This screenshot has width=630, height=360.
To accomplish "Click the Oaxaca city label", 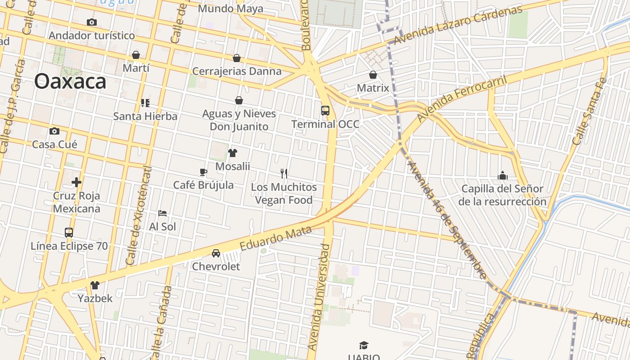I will pyautogui.click(x=70, y=81).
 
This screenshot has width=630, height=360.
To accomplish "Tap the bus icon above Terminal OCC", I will pyautogui.click(x=325, y=110).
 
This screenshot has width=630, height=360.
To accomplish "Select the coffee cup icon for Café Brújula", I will pyautogui.click(x=203, y=172).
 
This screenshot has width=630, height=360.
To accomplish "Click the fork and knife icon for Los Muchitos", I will pyautogui.click(x=283, y=173).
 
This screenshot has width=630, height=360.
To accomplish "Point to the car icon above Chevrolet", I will pyautogui.click(x=216, y=253).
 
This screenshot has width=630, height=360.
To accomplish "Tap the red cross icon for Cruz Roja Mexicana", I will pyautogui.click(x=76, y=182).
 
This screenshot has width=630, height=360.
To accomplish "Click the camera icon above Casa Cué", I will pyautogui.click(x=54, y=131).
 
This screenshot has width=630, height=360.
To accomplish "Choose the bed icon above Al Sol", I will pyautogui.click(x=162, y=213).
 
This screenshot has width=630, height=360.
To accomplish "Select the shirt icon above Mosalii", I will pyautogui.click(x=232, y=153).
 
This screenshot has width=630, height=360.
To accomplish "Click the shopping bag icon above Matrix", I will pyautogui.click(x=373, y=75).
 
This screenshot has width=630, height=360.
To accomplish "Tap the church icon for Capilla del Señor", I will pyautogui.click(x=503, y=175).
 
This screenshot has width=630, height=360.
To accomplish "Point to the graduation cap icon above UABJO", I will pyautogui.click(x=364, y=346).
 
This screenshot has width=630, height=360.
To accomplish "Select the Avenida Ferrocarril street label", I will pyautogui.click(x=462, y=99).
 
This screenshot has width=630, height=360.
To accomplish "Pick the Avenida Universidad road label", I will pyautogui.click(x=319, y=297).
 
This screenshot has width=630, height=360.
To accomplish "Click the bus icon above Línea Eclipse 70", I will pyautogui.click(x=69, y=233).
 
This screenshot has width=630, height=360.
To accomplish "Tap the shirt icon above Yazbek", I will pyautogui.click(x=95, y=285).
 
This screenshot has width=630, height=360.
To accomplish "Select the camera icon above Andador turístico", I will pyautogui.click(x=92, y=22).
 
